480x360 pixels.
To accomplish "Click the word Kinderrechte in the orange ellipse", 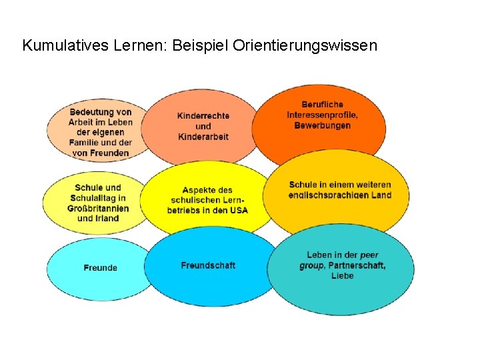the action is tap(203, 116).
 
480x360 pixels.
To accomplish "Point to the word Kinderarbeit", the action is tap(203, 137).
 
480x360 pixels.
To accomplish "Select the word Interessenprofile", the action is tap(322, 115).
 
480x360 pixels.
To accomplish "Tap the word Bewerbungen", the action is tap(322, 125).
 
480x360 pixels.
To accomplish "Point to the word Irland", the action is tap(107, 218).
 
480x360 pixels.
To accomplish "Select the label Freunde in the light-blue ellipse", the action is tap(101, 268).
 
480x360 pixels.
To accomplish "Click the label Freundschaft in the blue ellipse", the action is tap(208, 265).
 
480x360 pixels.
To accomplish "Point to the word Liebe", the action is tap(342, 275).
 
